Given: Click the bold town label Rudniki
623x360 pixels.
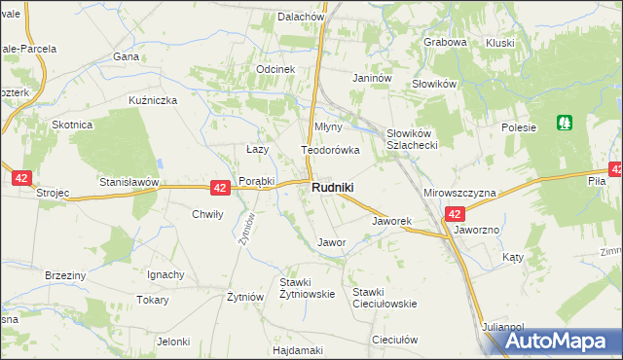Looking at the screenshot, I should click(x=332, y=187).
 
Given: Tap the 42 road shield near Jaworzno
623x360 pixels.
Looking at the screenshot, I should click(x=454, y=213).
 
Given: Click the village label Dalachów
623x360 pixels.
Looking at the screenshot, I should click(x=300, y=17).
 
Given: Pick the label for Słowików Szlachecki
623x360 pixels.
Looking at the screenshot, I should click(x=416, y=138).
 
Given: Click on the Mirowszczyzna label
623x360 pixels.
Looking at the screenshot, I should click(x=459, y=194).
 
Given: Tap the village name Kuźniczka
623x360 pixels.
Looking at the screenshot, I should click(x=152, y=100).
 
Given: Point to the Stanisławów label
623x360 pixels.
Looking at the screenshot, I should click(x=128, y=182).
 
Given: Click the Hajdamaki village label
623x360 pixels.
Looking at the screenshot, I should click(x=298, y=349).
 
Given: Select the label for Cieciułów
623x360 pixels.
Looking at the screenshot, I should click(x=394, y=340).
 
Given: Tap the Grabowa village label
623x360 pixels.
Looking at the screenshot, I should click(x=445, y=42).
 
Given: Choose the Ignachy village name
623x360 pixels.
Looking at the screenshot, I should click(x=165, y=274).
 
